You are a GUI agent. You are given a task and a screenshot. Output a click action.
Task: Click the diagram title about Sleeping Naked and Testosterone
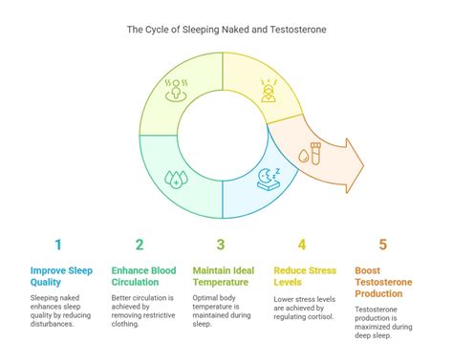coord(226,30)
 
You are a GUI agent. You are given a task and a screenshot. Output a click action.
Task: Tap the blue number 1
coord(58,245)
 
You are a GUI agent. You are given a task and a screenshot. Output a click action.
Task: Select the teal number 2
coord(140,245)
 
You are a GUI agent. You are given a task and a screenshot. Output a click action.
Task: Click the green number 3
coord(221,245)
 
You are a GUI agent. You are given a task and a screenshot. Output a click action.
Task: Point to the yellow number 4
coord(302,245)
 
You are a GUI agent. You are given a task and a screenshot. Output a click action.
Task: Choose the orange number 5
coord(384,245)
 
